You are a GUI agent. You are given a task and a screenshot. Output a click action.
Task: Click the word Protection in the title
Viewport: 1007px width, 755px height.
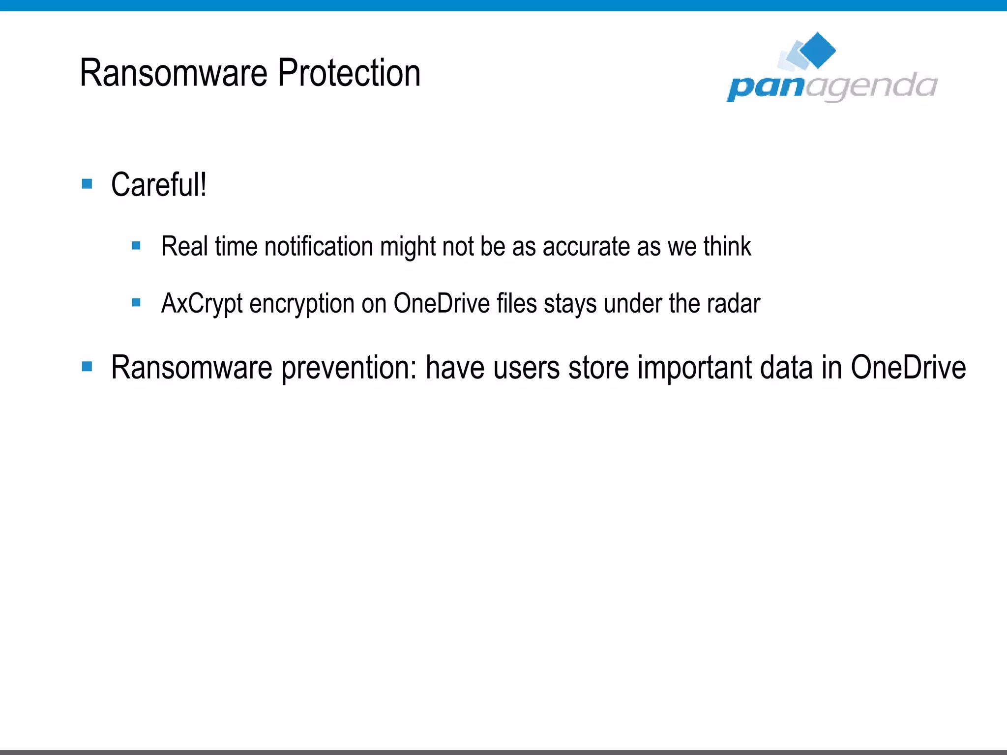click(x=349, y=73)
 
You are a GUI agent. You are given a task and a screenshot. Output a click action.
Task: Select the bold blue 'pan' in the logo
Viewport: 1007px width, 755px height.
click(x=765, y=87)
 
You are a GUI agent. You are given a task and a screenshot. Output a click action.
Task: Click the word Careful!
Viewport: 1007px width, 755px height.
click(x=159, y=185)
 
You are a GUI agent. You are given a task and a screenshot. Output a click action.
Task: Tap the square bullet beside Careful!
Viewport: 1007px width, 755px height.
click(x=88, y=184)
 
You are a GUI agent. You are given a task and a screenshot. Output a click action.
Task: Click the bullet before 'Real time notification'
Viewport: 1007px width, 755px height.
click(x=137, y=245)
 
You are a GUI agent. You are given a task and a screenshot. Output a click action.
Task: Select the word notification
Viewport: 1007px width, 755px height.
click(x=319, y=246)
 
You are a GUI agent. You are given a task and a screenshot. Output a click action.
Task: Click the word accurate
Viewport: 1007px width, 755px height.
click(x=586, y=246)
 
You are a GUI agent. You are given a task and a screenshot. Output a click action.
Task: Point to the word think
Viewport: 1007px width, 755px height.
click(x=727, y=246)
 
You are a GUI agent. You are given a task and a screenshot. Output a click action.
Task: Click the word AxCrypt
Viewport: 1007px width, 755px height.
click(x=202, y=304)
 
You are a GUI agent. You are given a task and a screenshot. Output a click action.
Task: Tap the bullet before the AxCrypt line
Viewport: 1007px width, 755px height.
click(x=137, y=303)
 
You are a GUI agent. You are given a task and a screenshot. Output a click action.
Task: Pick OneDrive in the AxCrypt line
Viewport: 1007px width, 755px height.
click(x=441, y=303)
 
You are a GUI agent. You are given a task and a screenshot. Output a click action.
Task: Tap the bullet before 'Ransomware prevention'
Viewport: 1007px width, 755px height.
click(x=88, y=366)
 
